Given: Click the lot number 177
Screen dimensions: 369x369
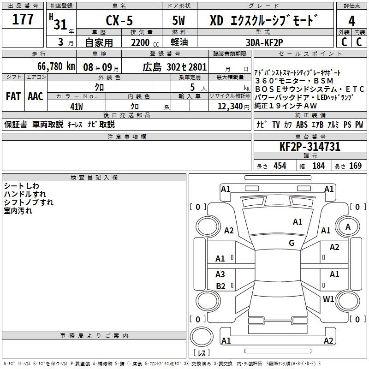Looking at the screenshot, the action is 23,19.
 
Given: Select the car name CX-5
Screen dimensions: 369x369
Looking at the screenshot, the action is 119,20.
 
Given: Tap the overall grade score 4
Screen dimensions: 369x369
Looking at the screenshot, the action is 351,21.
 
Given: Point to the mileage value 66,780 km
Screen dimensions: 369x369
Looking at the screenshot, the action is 56,66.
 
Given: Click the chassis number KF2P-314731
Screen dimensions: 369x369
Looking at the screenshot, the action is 310,147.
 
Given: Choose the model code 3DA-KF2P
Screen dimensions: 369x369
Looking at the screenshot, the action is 264,42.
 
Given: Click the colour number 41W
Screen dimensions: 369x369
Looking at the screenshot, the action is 77,107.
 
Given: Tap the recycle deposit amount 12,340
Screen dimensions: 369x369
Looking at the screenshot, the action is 230,107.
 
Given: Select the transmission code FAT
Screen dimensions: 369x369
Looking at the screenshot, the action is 13,96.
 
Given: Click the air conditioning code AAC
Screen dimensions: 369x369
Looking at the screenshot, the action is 36,96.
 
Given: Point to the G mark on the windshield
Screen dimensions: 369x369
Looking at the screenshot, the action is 292,243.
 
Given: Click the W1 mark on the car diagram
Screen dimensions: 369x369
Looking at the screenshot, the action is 328,299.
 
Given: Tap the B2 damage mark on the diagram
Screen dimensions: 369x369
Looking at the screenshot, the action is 220,286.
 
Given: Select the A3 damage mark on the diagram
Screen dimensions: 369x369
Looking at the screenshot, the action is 220,274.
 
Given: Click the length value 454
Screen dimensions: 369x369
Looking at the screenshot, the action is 280,166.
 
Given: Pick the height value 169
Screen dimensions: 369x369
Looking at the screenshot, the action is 355,166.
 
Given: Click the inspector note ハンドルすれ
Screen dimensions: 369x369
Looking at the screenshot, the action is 25,194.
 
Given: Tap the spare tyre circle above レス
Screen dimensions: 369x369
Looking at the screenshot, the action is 202,337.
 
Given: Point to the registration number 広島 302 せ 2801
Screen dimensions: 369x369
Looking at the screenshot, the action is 175,67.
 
